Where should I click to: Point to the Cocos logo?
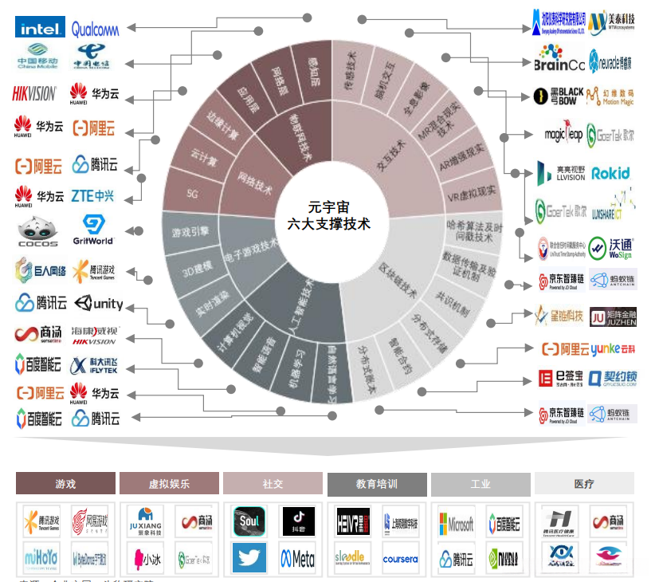point(37,232)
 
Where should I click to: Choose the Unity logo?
point(98,304)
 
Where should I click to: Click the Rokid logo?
point(611,173)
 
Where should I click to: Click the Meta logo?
point(297,558)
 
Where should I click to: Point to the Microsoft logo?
point(456,523)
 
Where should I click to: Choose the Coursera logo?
point(400,559)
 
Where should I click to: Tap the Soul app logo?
point(249,522)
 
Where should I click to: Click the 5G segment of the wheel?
point(192,193)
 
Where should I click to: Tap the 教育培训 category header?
point(376,484)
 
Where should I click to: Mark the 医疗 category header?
point(583,484)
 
